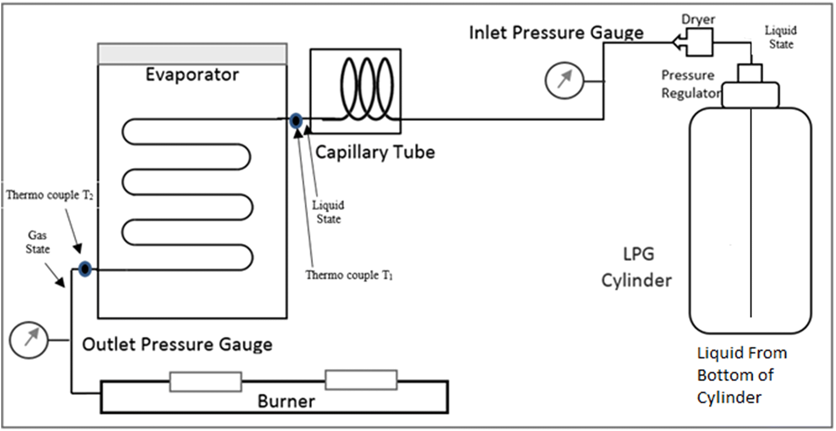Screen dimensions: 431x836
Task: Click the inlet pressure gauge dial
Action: click(564, 80)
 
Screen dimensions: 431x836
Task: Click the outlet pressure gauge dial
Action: click(28, 340)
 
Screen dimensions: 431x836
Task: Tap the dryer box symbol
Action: click(699, 42)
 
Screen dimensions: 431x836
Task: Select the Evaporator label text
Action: click(192, 75)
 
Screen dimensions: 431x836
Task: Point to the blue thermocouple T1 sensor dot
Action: click(295, 121)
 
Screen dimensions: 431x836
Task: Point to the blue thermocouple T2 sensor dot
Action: click(85, 269)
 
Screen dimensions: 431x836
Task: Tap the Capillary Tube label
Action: click(375, 152)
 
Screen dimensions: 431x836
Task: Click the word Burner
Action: click(286, 401)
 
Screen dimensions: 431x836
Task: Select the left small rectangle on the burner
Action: click(206, 381)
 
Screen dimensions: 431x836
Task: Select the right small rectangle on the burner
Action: click(361, 380)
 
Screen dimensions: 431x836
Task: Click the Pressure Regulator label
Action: click(690, 84)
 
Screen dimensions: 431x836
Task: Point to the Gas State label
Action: click(37, 242)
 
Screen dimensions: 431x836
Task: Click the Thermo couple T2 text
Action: click(49, 195)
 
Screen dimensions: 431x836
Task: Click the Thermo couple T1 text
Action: click(349, 275)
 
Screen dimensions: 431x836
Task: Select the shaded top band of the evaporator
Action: click(192, 54)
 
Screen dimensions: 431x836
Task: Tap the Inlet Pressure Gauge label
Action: click(556, 32)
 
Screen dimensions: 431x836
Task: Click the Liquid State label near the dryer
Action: click(780, 37)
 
